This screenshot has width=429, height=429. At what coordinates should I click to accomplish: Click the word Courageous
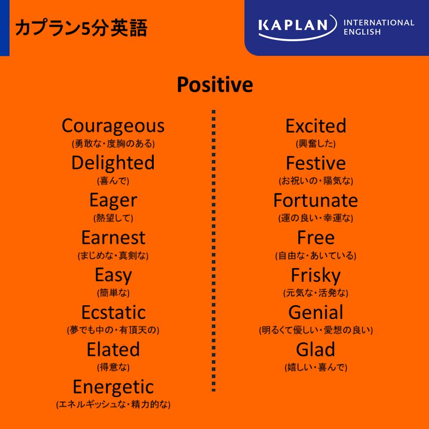[113, 126]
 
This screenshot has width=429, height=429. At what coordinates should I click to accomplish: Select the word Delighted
[113, 163]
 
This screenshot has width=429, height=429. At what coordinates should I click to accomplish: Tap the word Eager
[113, 201]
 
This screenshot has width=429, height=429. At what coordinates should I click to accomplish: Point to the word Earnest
[113, 238]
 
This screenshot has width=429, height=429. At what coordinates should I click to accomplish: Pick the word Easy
[113, 276]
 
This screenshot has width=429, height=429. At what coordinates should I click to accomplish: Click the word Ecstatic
[114, 312]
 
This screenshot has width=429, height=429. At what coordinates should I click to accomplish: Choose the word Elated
[113, 349]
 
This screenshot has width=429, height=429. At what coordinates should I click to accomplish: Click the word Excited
[316, 126]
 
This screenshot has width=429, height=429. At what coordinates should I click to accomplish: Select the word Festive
[316, 164]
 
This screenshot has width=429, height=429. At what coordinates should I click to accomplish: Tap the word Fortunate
[316, 201]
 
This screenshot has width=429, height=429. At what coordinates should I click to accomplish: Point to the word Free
[316, 237]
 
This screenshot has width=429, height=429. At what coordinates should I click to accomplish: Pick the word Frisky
[316, 276]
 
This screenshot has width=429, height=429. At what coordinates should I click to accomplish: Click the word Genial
[316, 312]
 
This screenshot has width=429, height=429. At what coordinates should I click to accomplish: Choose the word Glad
[316, 349]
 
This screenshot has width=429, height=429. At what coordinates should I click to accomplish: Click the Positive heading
[215, 84]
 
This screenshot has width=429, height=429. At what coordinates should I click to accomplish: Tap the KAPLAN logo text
[293, 25]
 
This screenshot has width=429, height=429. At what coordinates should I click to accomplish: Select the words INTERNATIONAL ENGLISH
[379, 27]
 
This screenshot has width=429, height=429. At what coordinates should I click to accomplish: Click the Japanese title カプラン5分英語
[81, 28]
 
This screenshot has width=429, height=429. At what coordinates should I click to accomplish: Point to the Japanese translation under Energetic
[113, 404]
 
